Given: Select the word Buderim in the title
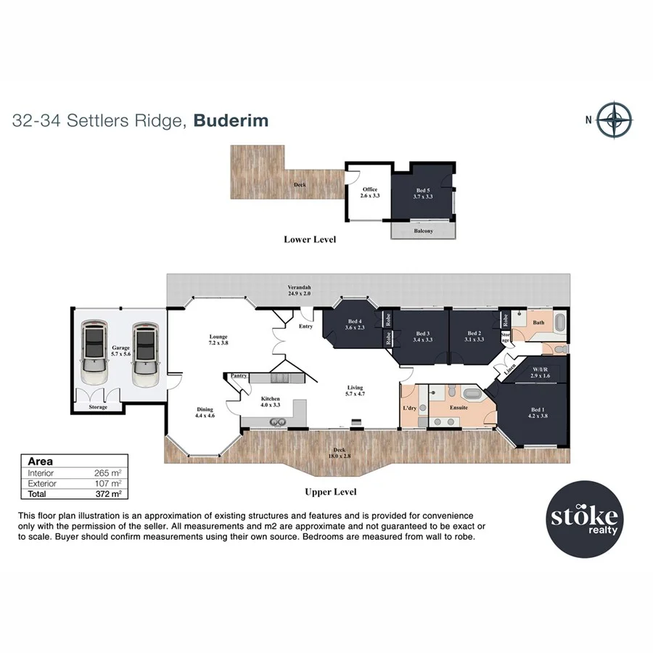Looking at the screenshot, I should [230, 120].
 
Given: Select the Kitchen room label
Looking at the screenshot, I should [271, 402].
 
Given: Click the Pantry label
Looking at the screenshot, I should [239, 376].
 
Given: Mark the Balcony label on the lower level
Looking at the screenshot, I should [423, 231].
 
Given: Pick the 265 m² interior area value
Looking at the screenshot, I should [107, 473].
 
